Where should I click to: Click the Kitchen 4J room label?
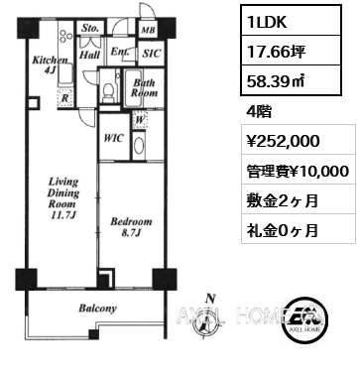pyautogui.click(x=50, y=64)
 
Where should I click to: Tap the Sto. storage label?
pyautogui.click(x=90, y=28)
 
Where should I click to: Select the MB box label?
pyautogui.click(x=148, y=30)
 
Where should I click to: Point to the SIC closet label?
pyautogui.click(x=151, y=53)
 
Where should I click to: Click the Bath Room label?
pyautogui.click(x=144, y=87)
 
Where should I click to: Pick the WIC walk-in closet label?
pyautogui.click(x=113, y=138)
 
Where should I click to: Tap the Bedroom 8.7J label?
pyautogui.click(x=131, y=227)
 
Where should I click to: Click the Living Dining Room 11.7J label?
pyautogui.click(x=63, y=198)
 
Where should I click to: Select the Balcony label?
pyautogui.click(x=97, y=309)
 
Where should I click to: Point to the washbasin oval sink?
pyautogui.click(x=139, y=146)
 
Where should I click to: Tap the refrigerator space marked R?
pyautogui.click(x=65, y=98)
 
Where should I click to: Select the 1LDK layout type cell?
pyautogui.click(x=291, y=21)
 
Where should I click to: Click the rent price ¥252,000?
pyautogui.click(x=284, y=141)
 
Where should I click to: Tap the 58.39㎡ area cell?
pyautogui.click(x=291, y=79)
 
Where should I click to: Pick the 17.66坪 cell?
pyautogui.click(x=291, y=51)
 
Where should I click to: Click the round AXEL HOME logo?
pyautogui.click(x=306, y=319)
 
